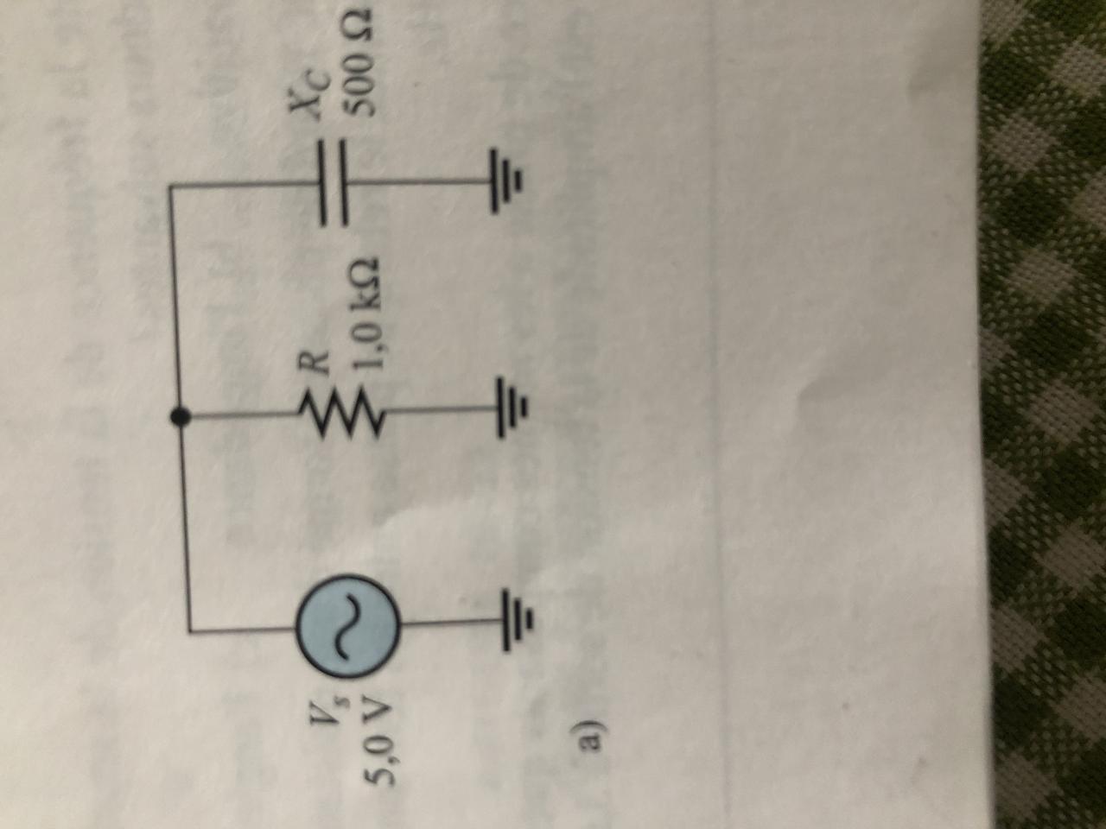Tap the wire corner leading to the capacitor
[x=175, y=185]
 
